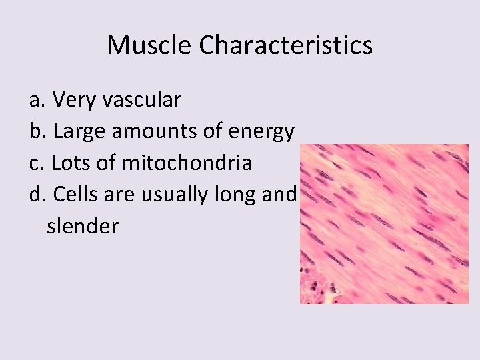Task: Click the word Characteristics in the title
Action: point(285,45)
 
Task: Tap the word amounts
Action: point(153,131)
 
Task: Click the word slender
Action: point(83,226)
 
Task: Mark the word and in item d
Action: point(280,195)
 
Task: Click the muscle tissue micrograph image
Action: point(383,223)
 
